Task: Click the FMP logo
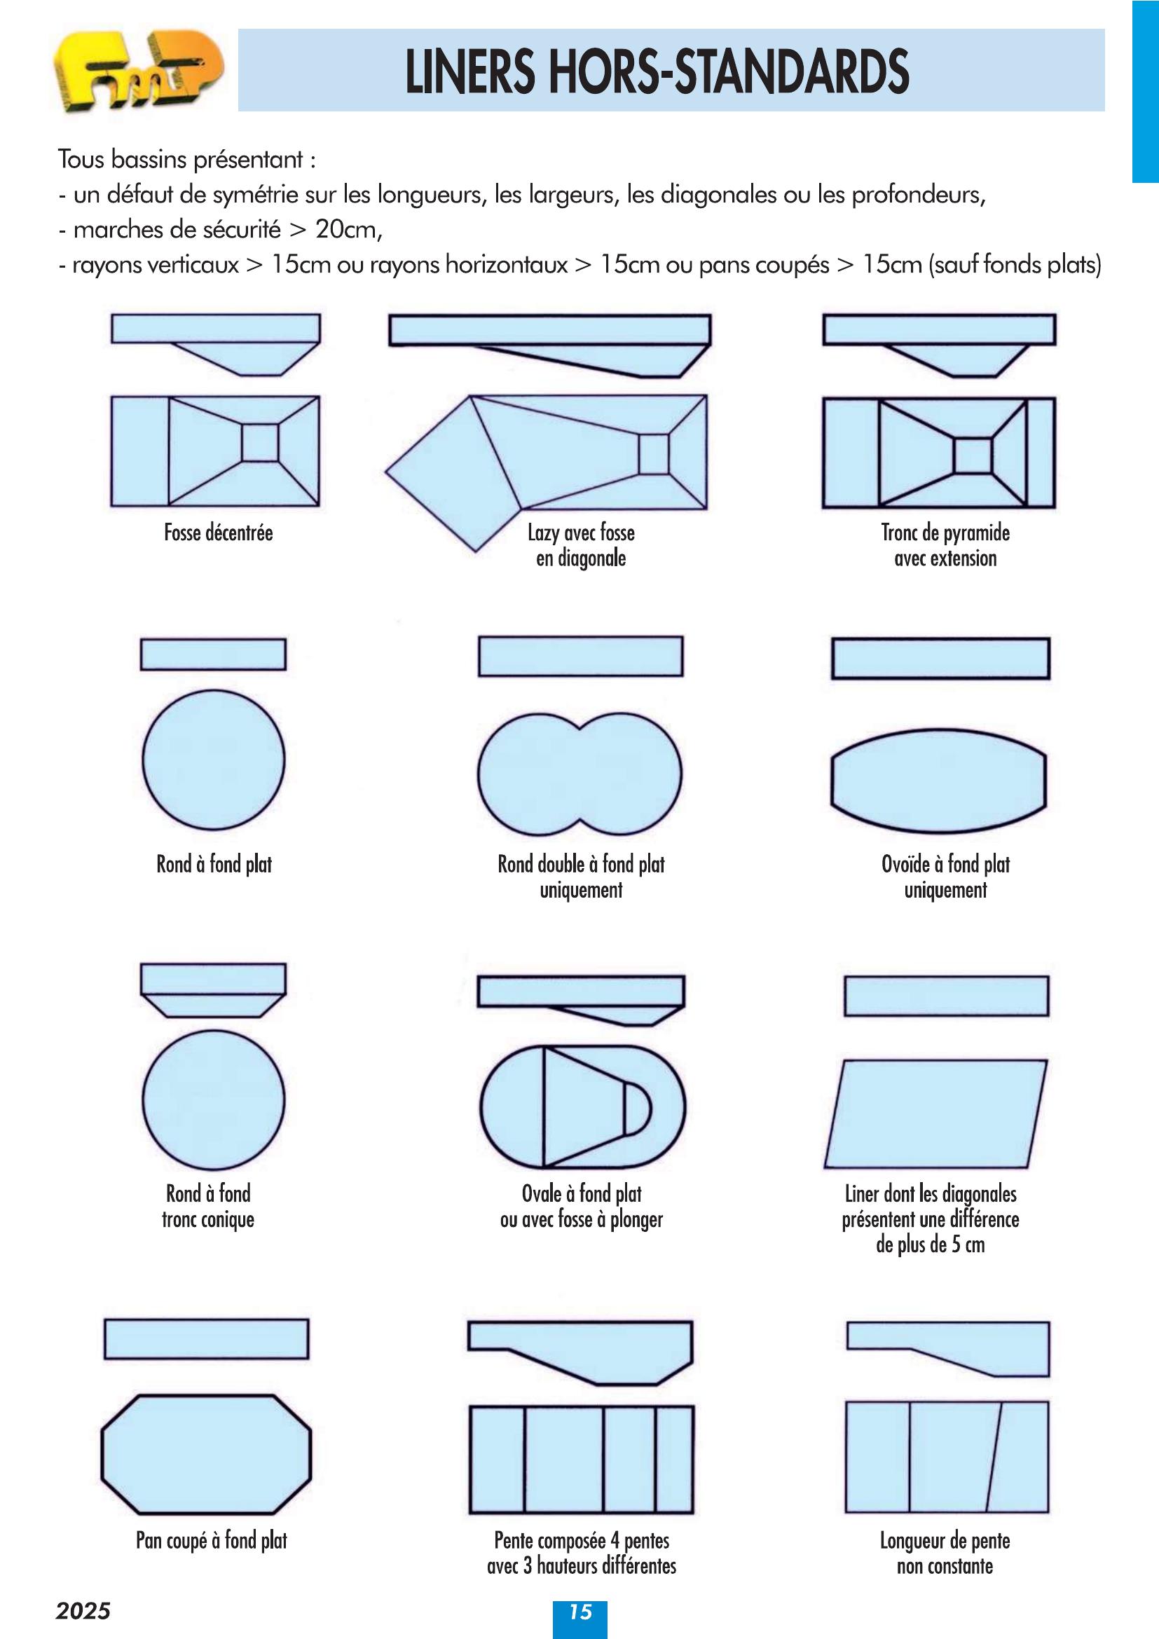coord(139,71)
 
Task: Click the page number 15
coord(580,1611)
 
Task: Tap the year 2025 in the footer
coord(83,1611)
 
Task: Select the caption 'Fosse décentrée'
coord(219,533)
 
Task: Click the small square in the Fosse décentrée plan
coord(260,443)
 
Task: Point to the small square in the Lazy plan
coord(654,454)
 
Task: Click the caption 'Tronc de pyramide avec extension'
coord(945,545)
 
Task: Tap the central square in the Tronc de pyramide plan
coord(973,455)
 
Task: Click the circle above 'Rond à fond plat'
coord(214,760)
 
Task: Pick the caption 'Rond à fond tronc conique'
coord(208,1207)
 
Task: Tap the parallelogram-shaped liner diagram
coord(935,1113)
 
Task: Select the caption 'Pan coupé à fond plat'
coord(212,1540)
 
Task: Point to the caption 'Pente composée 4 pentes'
coord(582,1540)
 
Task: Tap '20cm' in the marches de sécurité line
coord(348,229)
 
